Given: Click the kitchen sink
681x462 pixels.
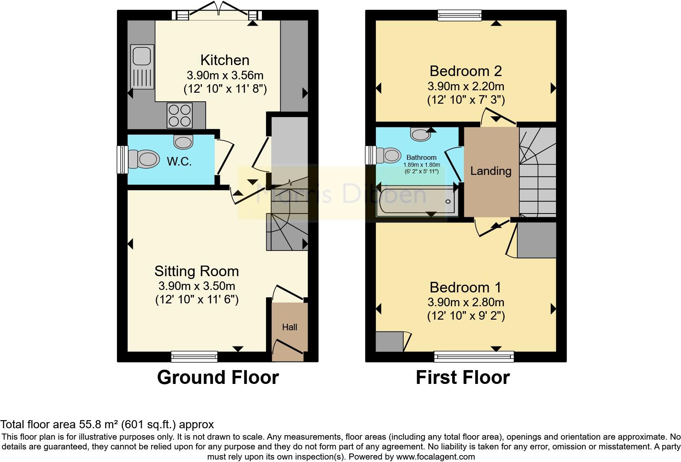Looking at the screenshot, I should [142, 66].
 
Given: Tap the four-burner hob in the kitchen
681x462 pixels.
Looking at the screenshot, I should [180, 116].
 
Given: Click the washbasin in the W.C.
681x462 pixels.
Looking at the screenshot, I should [183, 142].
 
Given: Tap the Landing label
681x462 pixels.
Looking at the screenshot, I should [491, 171].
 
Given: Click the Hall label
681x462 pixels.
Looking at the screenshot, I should [290, 327].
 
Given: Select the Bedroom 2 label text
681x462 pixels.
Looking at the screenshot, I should [466, 71].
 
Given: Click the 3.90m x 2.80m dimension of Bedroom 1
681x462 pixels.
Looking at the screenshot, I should [466, 302].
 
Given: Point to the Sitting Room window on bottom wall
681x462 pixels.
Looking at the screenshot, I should [194, 357].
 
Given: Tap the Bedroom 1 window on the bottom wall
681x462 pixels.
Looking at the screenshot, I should [474, 357].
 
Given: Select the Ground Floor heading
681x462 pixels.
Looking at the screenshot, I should [218, 377].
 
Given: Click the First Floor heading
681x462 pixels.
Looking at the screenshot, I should [463, 377].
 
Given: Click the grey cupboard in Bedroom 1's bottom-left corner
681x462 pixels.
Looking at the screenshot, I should [389, 342].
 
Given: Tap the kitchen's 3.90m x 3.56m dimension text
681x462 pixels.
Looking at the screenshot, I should [225, 75].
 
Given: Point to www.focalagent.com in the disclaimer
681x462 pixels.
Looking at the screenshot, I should [435, 457].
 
